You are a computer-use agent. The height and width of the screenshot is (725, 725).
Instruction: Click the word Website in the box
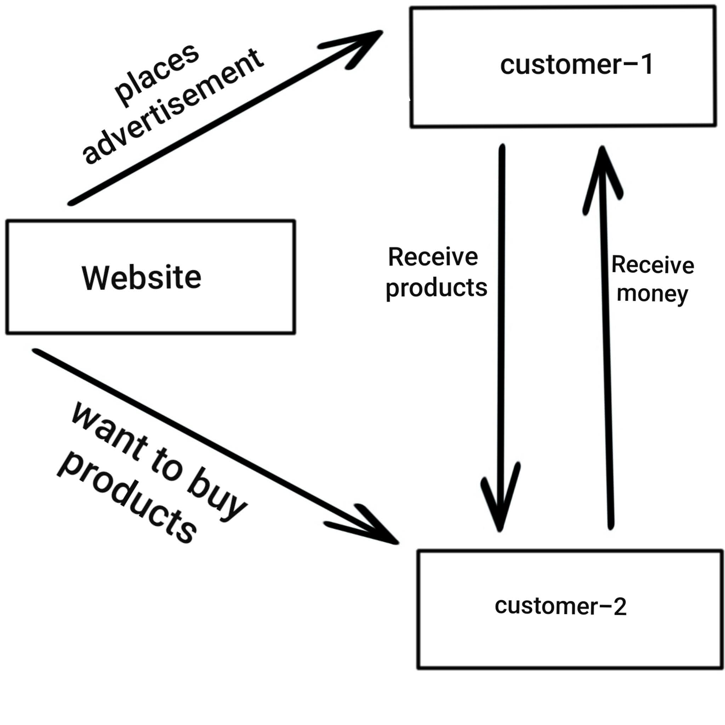click(142, 278)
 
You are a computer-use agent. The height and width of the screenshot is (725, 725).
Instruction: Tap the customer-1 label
click(576, 64)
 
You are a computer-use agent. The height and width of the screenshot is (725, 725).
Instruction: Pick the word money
click(652, 294)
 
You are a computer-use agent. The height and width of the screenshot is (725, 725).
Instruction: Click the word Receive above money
click(652, 265)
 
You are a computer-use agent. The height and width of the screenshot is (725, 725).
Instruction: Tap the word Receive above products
click(433, 257)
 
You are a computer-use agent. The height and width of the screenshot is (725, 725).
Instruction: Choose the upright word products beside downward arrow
click(436, 288)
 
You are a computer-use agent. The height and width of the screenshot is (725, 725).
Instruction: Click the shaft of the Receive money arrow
click(606, 356)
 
